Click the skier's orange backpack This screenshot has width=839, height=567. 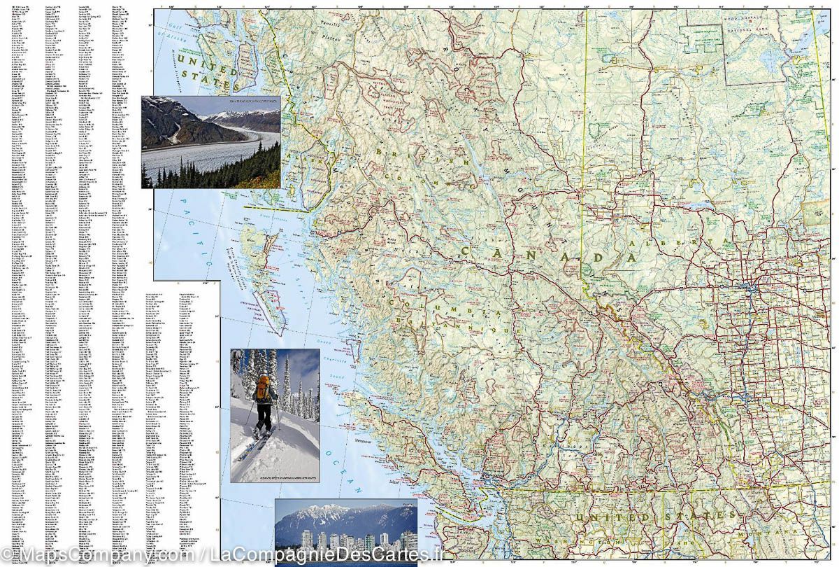click(x=264, y=389)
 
